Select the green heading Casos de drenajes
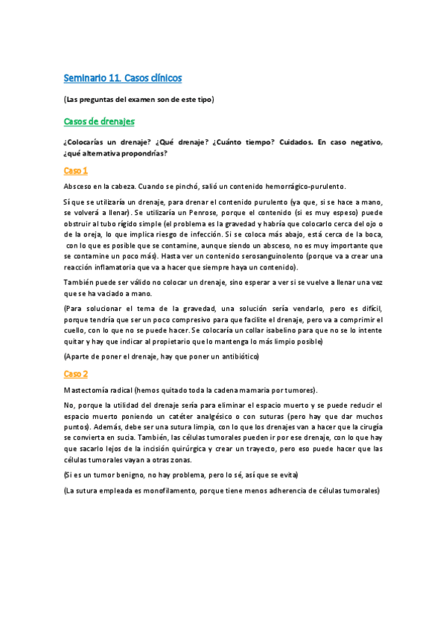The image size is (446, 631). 99,121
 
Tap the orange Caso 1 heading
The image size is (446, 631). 76,170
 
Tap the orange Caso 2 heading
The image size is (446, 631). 76,374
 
